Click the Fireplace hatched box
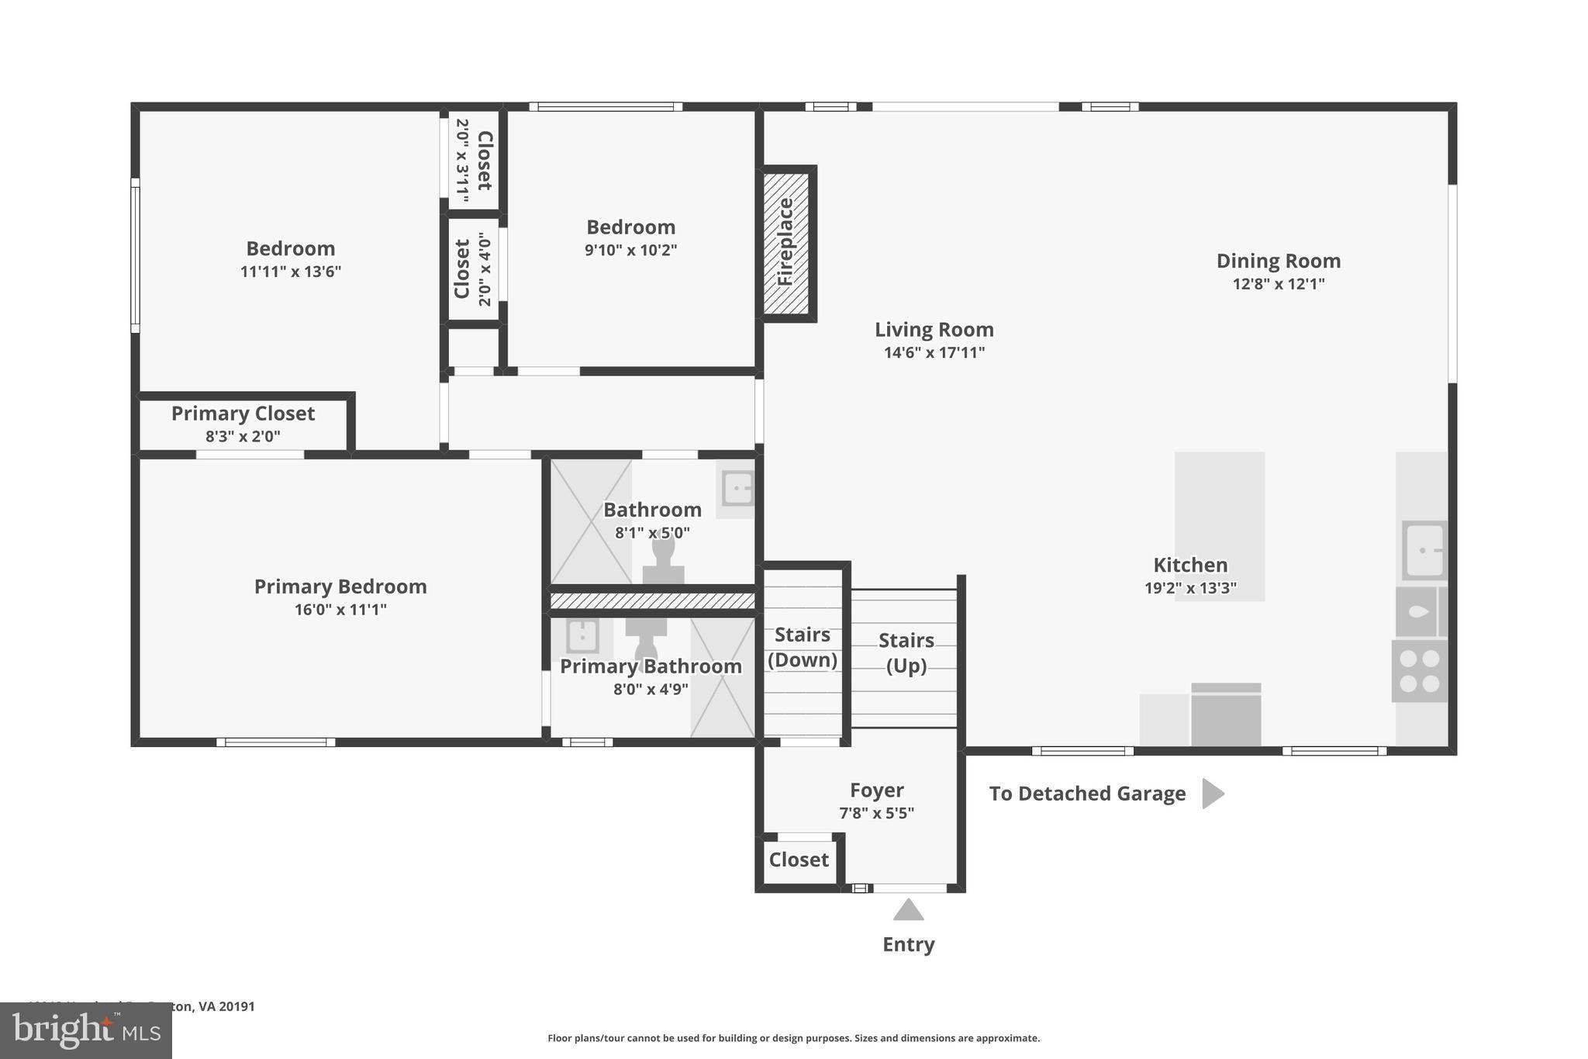coord(786,243)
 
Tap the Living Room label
coord(934,330)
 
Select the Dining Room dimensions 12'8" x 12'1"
coord(1278,284)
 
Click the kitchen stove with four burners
coord(1419,671)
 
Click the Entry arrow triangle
coord(908,910)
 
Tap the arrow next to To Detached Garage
coord(1212,794)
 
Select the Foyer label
coord(876,791)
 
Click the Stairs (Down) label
coord(802,647)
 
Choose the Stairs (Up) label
coord(906,652)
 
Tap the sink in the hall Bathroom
coord(737,488)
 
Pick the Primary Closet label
coord(243,414)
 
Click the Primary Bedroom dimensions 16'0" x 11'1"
coord(340,610)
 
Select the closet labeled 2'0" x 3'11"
coord(474,160)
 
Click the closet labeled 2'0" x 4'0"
coord(473,268)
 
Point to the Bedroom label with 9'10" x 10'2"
coord(630,227)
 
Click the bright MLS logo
coord(85,1031)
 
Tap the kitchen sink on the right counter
coord(1424,550)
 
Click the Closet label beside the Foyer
coord(799,860)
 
